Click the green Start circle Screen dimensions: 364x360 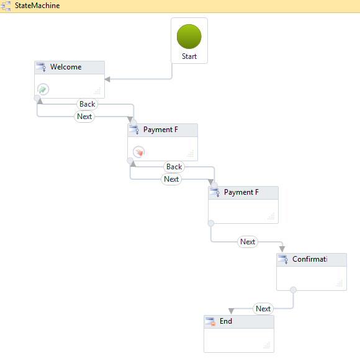tap(189, 36)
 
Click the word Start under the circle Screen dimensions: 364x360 tap(189, 56)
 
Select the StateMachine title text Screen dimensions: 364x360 tap(37, 6)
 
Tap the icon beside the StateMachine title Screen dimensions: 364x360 tap(7, 6)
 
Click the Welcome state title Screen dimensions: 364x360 tap(66, 67)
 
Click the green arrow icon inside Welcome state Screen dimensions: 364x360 tap(43, 89)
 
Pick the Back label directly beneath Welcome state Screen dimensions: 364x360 tap(87, 104)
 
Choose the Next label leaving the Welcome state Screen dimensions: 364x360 tap(84, 116)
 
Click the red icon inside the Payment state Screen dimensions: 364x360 tap(139, 151)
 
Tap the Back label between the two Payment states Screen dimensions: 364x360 tap(174, 166)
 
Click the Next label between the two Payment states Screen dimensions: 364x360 tap(171, 179)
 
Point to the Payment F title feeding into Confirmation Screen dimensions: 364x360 tap(241, 192)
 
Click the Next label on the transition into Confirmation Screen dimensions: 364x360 tap(248, 242)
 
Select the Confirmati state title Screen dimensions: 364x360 tap(310, 259)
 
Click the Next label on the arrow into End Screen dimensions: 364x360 tap(263, 308)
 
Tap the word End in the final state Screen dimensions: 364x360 tap(226, 321)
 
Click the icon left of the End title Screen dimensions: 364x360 tap(212, 321)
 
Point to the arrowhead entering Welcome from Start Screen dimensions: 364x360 tap(107, 79)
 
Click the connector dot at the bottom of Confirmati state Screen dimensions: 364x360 tap(293, 289)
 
